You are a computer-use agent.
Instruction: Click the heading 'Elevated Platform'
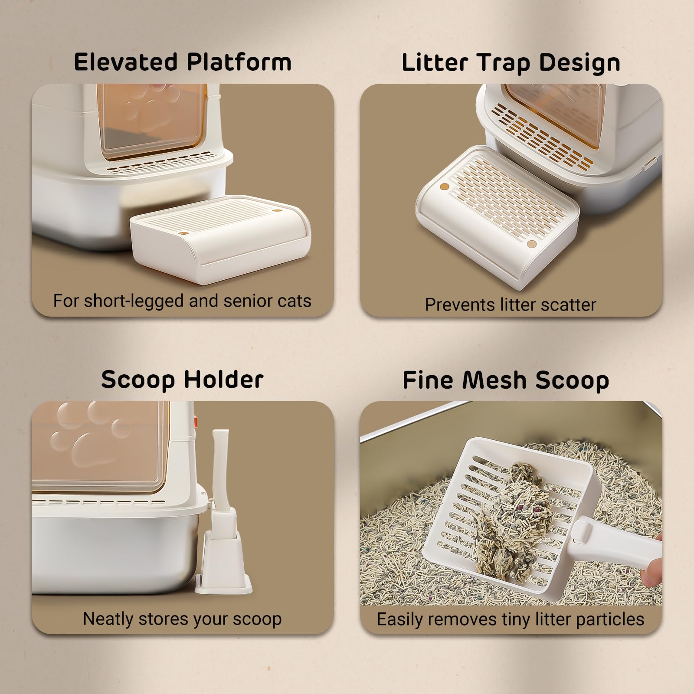(x=183, y=62)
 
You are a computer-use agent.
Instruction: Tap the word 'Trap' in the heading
(x=503, y=63)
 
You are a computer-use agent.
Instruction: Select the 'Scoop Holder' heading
(x=182, y=380)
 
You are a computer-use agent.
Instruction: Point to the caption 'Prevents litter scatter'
(x=511, y=305)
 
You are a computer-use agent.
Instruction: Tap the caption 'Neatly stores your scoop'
(x=182, y=619)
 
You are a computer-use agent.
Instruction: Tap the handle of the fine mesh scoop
(x=616, y=542)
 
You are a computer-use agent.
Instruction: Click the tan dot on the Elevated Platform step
(x=277, y=211)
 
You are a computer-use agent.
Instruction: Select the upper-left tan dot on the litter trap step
(x=444, y=187)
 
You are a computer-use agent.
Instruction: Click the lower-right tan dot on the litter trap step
(x=531, y=244)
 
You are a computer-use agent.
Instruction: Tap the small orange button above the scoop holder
(x=196, y=420)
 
